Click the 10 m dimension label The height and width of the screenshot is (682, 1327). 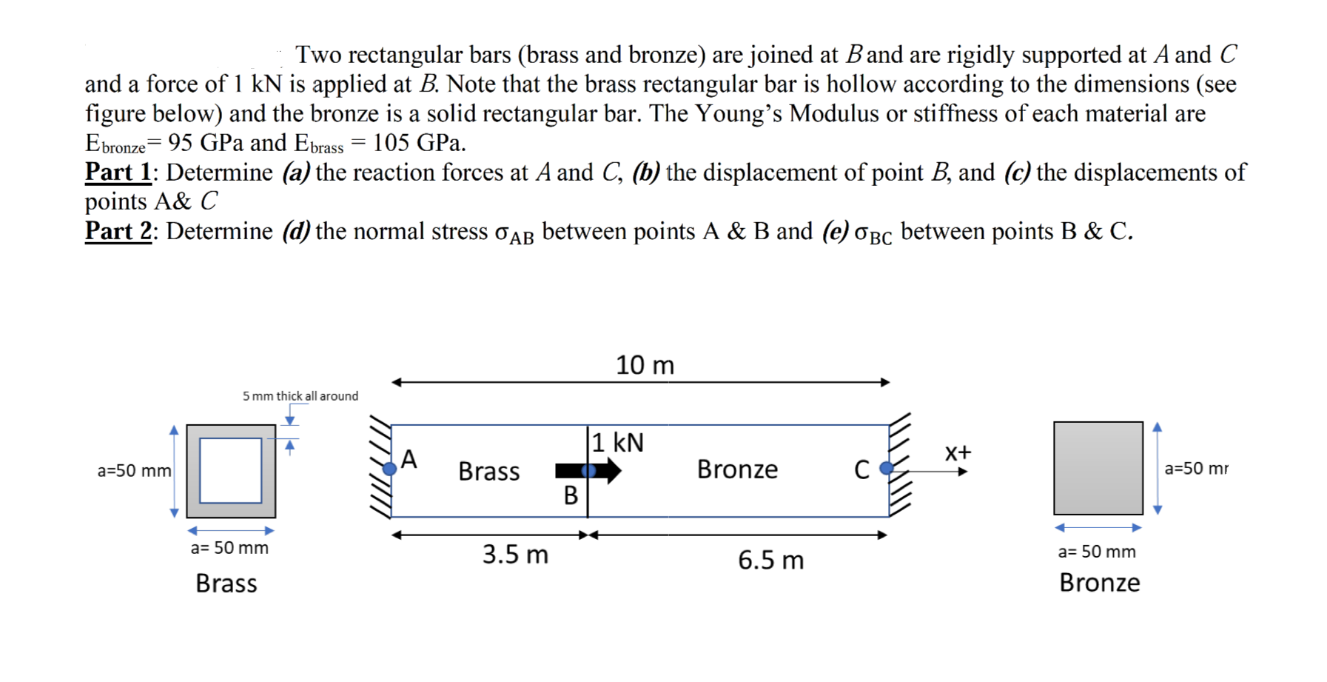645,365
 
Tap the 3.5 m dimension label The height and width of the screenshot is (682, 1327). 515,555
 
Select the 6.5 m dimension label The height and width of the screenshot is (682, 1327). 770,560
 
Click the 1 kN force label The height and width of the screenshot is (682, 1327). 617,443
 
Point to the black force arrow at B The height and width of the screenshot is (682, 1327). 588,470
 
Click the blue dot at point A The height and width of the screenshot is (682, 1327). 389,468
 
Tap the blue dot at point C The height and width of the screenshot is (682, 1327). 886,467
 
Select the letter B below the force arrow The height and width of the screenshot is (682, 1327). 571,495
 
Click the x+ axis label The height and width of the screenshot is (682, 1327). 958,452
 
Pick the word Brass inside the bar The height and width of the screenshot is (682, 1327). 488,472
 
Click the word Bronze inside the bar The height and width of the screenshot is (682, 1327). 737,469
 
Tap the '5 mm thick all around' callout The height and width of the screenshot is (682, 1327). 300,396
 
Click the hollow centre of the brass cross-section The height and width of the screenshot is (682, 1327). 230,470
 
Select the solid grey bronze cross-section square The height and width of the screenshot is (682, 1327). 1098,468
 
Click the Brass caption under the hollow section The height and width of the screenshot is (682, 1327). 226,584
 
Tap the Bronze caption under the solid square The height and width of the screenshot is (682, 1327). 1099,583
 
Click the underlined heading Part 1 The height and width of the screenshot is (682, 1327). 118,173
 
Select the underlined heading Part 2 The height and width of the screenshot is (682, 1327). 118,231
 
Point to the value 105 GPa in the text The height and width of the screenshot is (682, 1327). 419,142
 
